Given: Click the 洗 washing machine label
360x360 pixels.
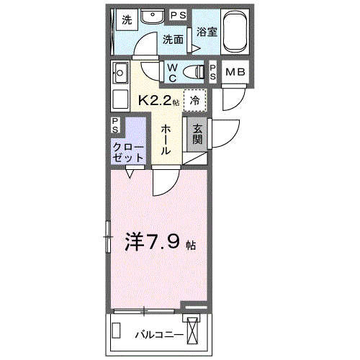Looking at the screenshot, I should (x=127, y=20).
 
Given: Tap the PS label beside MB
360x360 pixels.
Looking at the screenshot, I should (x=213, y=71).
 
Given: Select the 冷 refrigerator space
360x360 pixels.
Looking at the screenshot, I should (x=195, y=100).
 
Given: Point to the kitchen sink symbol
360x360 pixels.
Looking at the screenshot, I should (x=120, y=72).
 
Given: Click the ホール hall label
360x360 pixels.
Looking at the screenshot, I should (x=166, y=139).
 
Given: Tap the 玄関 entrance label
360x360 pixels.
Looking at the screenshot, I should (x=197, y=133).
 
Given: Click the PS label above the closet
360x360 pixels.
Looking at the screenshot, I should (x=117, y=123).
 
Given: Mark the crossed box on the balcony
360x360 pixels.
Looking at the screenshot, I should (x=193, y=332).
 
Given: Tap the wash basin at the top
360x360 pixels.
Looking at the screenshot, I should (x=152, y=18).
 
